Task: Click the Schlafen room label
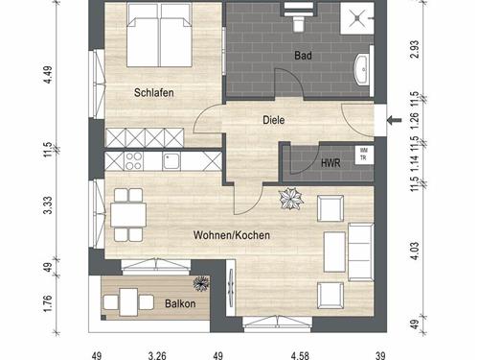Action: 154,93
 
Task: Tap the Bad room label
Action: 303,56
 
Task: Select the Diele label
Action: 274,120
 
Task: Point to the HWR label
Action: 331,163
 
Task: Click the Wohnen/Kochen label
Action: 232,235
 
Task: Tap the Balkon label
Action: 180,303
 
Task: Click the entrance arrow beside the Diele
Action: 395,120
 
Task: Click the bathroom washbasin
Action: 362,69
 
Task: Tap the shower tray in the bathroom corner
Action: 357,17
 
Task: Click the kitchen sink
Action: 171,161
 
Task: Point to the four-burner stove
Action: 133,161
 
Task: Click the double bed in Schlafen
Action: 159,35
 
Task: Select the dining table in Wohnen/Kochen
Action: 128,215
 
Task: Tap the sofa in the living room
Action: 361,252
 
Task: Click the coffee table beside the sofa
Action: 334,252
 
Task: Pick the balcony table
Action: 128,302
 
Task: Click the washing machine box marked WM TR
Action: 364,155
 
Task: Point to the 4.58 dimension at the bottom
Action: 300,355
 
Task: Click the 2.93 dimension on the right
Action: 415,49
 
